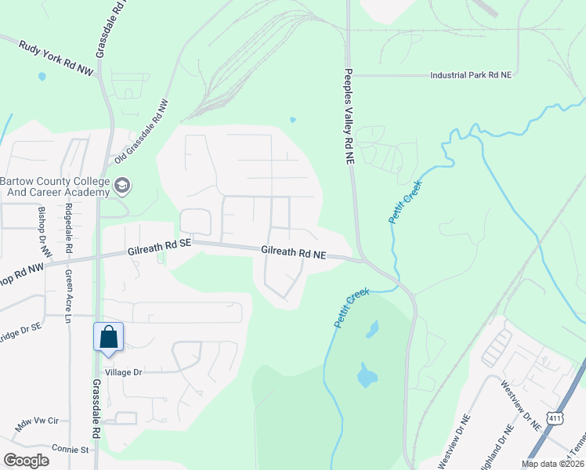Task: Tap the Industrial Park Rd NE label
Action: [x=470, y=75]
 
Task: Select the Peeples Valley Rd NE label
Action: [x=349, y=115]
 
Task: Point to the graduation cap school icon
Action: [x=121, y=186]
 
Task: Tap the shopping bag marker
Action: [x=108, y=337]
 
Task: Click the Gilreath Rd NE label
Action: [x=293, y=252]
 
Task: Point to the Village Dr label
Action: [x=122, y=372]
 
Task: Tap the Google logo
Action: [x=26, y=460]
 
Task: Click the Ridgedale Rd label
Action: [x=69, y=228]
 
